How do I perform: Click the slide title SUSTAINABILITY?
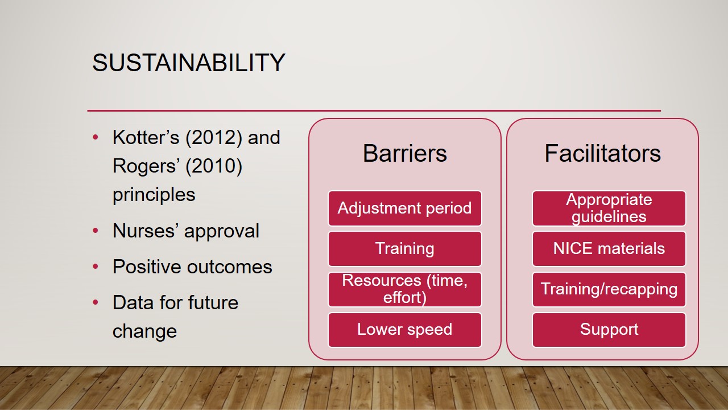[189, 63]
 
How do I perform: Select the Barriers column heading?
[404, 153]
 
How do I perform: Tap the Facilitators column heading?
[602, 153]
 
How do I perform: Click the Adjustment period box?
[404, 208]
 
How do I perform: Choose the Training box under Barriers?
[404, 249]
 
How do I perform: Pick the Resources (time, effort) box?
[404, 290]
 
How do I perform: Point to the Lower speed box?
[404, 330]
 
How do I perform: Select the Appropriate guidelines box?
[609, 208]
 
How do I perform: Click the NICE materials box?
[609, 249]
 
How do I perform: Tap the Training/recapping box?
[609, 290]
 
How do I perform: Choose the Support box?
[609, 330]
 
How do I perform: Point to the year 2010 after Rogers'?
[214, 166]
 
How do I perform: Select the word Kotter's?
[146, 137]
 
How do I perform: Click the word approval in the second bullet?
[222, 232]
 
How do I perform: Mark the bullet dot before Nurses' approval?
[96, 231]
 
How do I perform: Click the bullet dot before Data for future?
[96, 302]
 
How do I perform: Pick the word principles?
[154, 195]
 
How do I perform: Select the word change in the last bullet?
[144, 332]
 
